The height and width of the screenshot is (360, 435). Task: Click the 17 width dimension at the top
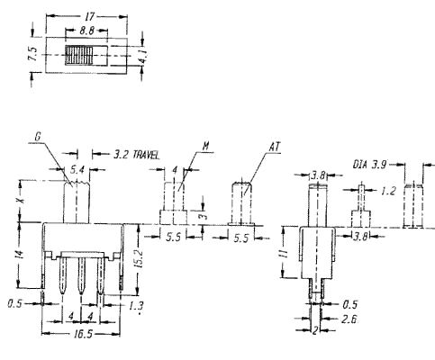[90, 17]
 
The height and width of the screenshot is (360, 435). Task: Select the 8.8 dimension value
[86, 31]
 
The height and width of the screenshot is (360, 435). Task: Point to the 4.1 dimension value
[143, 56]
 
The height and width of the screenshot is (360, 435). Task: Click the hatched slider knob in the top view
[79, 55]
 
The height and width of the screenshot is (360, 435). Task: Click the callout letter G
[38, 137]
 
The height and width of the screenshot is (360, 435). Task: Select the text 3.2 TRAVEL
[136, 155]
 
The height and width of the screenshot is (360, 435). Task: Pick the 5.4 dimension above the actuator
[77, 170]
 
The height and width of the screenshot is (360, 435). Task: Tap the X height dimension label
[20, 200]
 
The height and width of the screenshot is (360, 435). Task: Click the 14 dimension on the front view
[19, 254]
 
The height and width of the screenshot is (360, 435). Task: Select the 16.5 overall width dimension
[83, 334]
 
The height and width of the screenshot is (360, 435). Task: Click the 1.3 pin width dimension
[136, 306]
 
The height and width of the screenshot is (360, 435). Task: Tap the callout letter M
[206, 146]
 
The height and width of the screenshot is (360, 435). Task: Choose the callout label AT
[275, 147]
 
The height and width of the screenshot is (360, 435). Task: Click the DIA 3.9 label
[370, 165]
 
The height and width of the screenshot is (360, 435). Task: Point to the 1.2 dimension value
[388, 191]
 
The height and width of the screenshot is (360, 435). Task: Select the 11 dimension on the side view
[285, 255]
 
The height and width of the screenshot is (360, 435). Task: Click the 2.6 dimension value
[349, 319]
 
